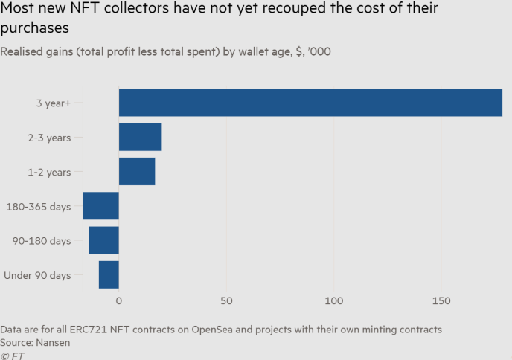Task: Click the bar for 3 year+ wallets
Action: click(310, 103)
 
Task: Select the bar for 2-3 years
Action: click(140, 137)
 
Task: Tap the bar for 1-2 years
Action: click(137, 172)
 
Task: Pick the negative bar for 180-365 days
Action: click(100, 206)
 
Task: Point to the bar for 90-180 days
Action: click(103, 240)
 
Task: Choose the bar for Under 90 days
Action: click(109, 274)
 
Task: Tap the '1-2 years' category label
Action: click(47, 172)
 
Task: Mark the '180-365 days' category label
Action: click(38, 207)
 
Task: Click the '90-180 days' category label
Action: click(41, 241)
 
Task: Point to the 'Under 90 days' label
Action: click(37, 275)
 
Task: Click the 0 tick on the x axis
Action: click(119, 300)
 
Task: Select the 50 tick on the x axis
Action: click(226, 300)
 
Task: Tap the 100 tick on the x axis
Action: click(333, 300)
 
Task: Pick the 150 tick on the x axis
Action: click(441, 300)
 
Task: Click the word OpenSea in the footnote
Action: click(223, 329)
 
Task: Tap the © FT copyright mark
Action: click(13, 356)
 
